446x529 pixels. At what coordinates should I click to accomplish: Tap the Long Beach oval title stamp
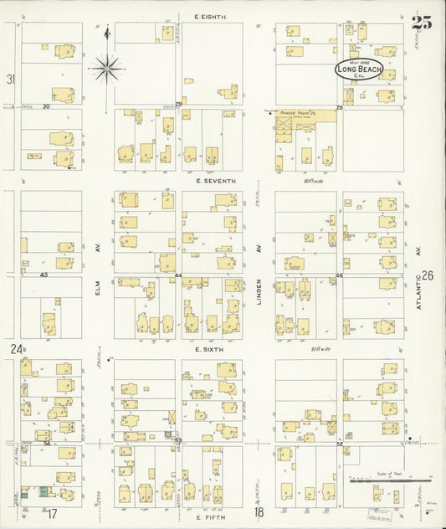359,69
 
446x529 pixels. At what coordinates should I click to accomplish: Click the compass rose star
106,67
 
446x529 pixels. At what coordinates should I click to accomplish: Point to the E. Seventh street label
216,181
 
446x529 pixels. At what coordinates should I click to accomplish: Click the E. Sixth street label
208,349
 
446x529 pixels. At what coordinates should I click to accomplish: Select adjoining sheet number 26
428,275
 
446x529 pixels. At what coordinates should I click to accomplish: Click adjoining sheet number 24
14,348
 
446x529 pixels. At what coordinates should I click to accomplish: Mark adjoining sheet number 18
259,511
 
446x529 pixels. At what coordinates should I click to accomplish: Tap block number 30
46,107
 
